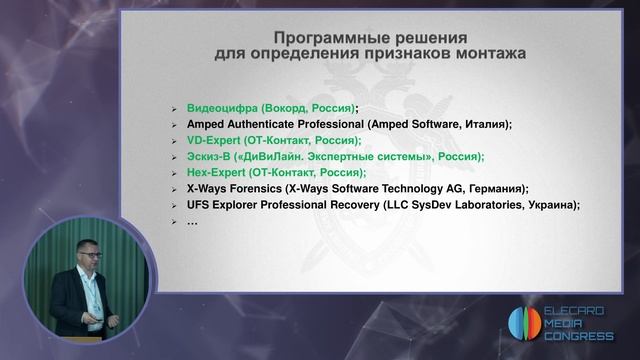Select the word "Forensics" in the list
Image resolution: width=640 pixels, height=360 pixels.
pyautogui.click(x=252, y=188)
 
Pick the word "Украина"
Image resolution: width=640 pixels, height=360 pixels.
pyautogui.click(x=550, y=204)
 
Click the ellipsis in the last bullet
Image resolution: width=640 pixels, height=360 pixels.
pyautogui.click(x=192, y=220)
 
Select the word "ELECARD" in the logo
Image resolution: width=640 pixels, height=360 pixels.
pyautogui.click(x=582, y=311)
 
